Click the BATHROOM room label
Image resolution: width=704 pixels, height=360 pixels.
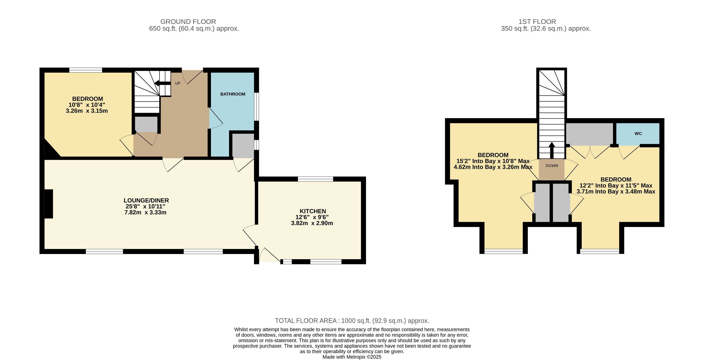coord(233,94)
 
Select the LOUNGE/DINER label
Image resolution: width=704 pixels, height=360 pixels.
coord(146,200)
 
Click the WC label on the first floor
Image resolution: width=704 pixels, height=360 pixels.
coord(638,134)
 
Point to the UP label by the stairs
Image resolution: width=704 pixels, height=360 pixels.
coord(178,83)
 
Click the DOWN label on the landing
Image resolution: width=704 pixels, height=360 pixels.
coord(552,166)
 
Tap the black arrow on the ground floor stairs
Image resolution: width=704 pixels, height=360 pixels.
coord(163,83)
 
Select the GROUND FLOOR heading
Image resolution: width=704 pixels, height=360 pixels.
coord(188,22)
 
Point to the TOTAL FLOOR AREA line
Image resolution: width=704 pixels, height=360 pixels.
coord(352,321)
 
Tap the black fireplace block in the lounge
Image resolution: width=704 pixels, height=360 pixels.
coord(49,204)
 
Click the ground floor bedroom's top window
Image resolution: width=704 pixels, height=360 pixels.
coord(86,70)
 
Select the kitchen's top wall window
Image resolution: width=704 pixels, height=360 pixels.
coord(315,179)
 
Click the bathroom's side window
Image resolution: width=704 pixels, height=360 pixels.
coord(257,107)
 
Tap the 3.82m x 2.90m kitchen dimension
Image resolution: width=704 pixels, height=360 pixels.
coord(312,223)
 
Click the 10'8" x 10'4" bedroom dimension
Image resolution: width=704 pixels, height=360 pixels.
coord(87,105)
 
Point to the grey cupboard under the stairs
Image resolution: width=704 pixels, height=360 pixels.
coord(146,124)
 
